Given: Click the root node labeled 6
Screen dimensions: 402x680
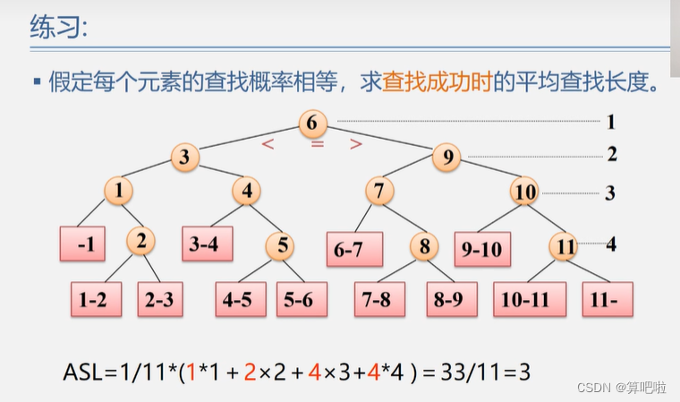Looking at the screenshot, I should [x=311, y=122].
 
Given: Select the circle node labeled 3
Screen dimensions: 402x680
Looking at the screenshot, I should [x=184, y=157].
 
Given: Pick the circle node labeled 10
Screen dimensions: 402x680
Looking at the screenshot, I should [x=525, y=191].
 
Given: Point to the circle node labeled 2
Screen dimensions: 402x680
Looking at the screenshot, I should [x=140, y=241].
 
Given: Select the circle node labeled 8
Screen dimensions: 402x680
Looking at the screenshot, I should [x=425, y=244].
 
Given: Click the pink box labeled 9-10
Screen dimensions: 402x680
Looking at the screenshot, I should [x=483, y=250].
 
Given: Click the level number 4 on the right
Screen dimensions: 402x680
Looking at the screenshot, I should [x=611, y=243].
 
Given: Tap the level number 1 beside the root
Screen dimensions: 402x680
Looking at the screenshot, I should [x=611, y=122].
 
